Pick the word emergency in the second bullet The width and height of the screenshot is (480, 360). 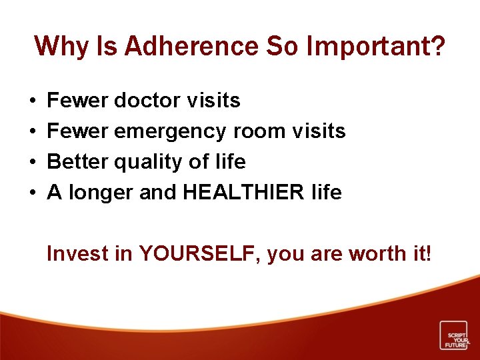[x=171, y=131]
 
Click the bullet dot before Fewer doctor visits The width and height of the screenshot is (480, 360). [x=33, y=101]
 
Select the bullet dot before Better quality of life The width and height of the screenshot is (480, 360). [x=33, y=162]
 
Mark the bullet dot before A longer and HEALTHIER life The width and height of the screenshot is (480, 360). [x=33, y=193]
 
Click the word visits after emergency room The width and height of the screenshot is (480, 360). [x=319, y=131]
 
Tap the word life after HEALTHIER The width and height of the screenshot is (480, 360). [x=327, y=193]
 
